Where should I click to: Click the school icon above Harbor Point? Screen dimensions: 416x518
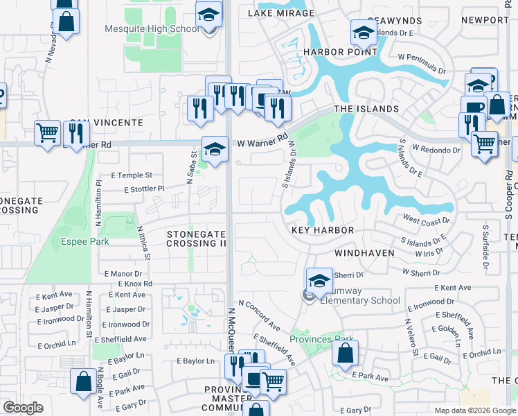pos(364,33)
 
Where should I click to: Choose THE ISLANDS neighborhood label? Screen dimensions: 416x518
pos(366,109)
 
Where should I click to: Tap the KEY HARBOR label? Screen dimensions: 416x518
pos(323,230)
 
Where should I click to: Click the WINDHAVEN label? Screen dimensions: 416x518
pos(364,253)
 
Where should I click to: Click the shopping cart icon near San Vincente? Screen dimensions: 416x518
pos(47,132)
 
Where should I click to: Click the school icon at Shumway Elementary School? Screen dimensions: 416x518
pos(319,281)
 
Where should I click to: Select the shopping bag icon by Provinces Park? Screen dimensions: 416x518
pos(345,354)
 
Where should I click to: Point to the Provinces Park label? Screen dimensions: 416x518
pos(321,339)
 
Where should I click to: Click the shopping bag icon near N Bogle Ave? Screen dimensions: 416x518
pos(83,381)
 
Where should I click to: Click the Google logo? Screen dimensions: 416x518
pos(23,408)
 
